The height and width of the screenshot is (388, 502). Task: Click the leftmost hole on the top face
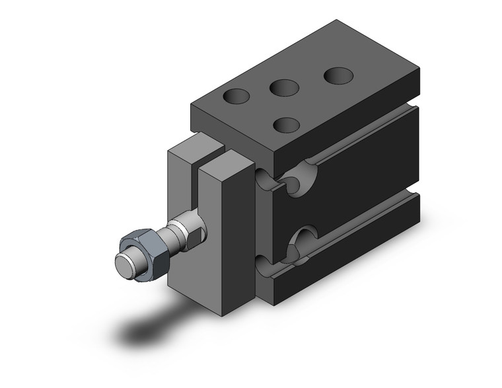pos(236,97)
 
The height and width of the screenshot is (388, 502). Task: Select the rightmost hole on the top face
pos(338,75)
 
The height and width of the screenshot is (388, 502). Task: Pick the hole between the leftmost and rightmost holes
pos(284,87)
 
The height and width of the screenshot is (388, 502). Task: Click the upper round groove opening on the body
pos(301,175)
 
